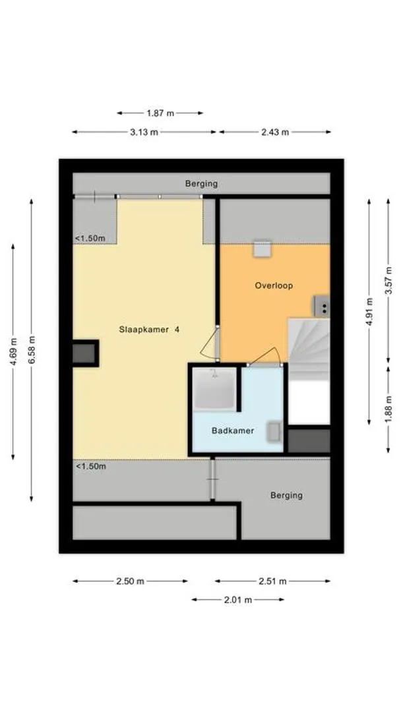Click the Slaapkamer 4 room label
pos(149,330)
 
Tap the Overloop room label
pos(274,285)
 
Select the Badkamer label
pos(233,430)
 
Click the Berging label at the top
pos(201,184)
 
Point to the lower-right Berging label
pos(286,495)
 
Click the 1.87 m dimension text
pos(160,113)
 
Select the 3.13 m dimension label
pos(144,132)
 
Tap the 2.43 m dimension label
pos(275,132)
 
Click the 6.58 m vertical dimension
pos(32,350)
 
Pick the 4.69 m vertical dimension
pos(13,352)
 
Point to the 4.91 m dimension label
pos(369,311)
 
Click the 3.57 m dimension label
pos(388,280)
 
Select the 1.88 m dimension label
pos(388,409)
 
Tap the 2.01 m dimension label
pos(237,600)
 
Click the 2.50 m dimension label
pos(130,581)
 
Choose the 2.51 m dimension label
pos(272,581)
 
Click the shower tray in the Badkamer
pos(214,389)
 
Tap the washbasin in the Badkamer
pos(274,431)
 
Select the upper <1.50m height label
pos(90,238)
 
